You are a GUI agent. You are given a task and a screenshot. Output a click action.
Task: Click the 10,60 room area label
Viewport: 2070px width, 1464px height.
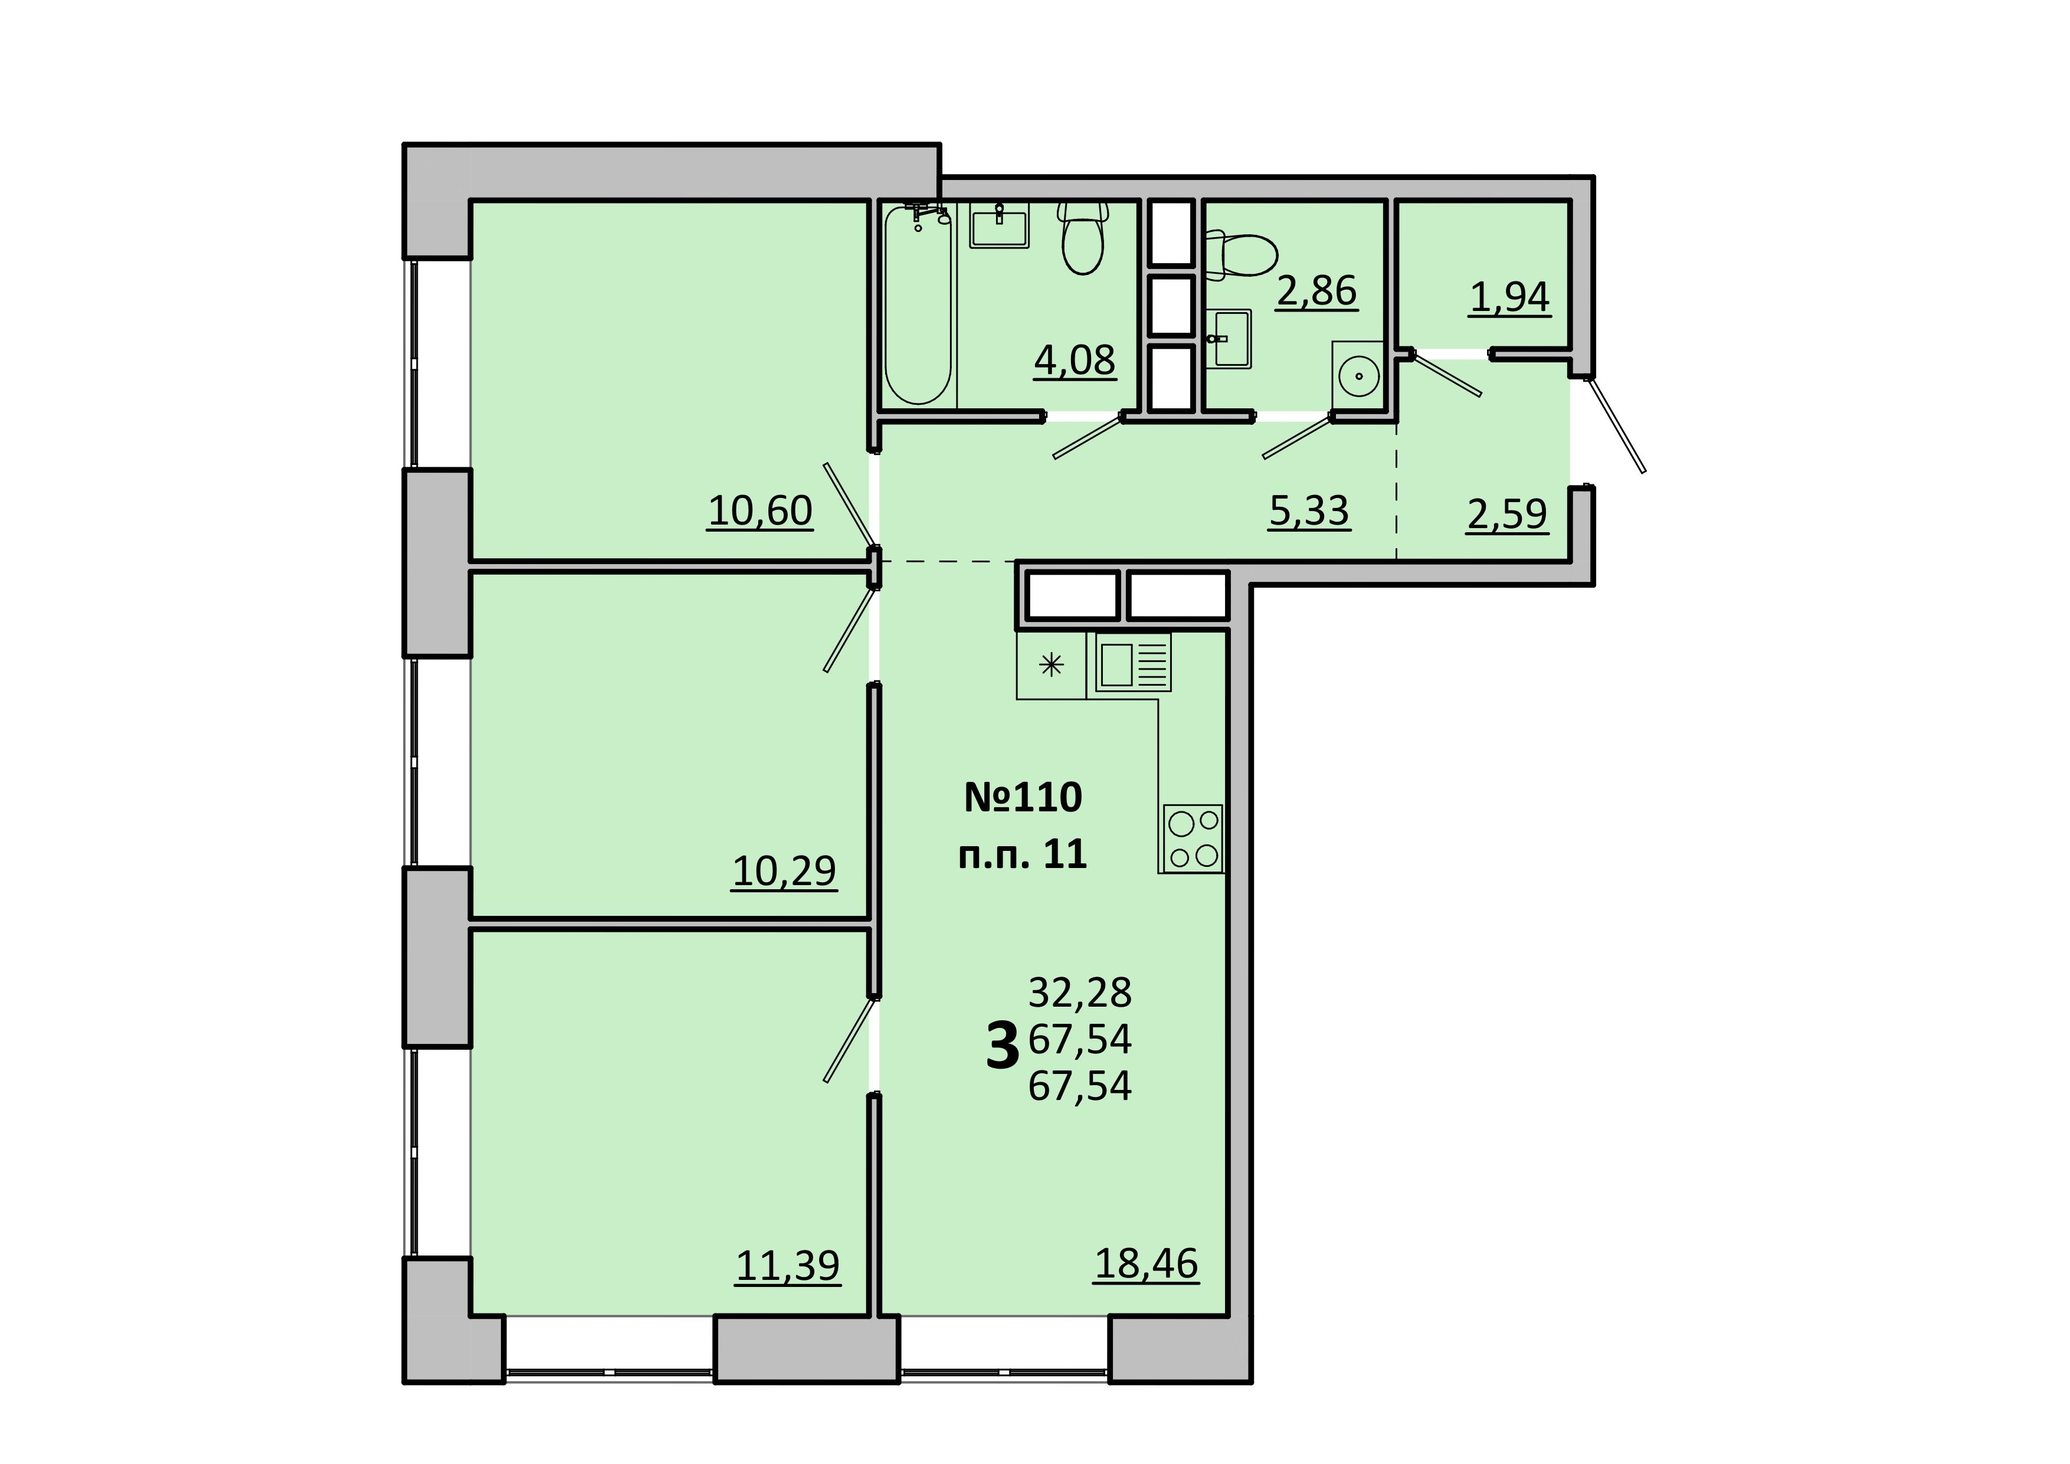[x=760, y=511]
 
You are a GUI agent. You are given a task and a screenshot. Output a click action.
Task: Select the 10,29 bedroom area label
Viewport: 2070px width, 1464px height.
[x=784, y=872]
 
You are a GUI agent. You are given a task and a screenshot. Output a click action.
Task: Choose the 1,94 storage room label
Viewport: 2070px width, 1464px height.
[x=1509, y=297]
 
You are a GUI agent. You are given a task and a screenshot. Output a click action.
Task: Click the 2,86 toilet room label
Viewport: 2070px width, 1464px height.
[x=1316, y=291]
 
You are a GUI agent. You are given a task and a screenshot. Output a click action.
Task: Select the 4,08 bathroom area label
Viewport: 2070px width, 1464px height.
[x=1075, y=361]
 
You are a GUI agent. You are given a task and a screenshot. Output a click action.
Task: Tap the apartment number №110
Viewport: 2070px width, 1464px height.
[x=1023, y=797]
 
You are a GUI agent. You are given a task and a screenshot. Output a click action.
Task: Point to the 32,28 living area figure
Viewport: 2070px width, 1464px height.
[x=1079, y=993]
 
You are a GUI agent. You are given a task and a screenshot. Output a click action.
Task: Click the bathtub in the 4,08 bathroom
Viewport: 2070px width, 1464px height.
[x=918, y=304]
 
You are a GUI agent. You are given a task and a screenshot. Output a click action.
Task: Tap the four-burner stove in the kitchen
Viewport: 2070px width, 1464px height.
[x=1192, y=839]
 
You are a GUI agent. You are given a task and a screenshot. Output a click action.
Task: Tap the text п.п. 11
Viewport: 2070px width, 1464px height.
[x=1023, y=854]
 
